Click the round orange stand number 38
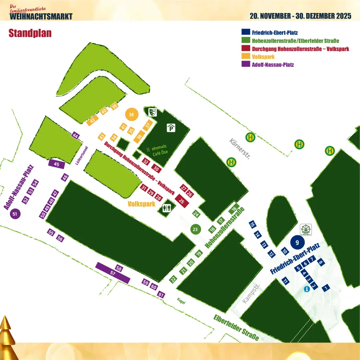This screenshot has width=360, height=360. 131,115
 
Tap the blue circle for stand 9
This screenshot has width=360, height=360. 297,242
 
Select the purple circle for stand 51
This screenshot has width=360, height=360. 14,213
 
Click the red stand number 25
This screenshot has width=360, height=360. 182,201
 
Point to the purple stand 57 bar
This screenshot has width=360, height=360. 113,273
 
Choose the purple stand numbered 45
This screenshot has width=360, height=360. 56,164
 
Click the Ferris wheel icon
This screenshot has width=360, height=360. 306,229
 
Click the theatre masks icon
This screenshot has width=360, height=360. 152,112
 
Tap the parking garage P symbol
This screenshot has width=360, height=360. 171,128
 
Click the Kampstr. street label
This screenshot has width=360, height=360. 251,294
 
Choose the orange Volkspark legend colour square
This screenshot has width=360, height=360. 245,56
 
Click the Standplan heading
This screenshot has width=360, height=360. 30,33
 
